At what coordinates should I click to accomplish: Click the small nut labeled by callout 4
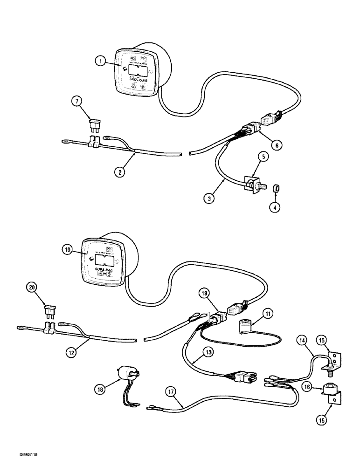click(276, 188)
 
